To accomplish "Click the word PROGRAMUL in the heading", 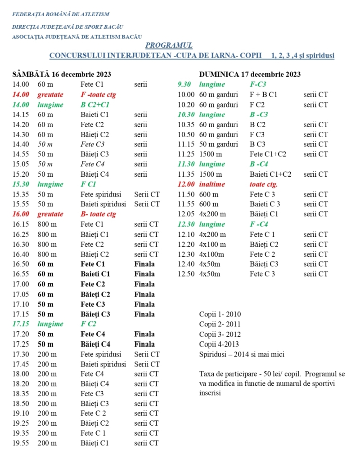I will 169,45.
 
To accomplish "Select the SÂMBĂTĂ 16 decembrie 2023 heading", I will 62,74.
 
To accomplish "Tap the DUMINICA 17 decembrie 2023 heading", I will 250,74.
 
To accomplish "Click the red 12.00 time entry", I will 186,184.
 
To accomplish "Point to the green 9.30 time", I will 185,85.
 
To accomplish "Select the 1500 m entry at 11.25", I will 211,154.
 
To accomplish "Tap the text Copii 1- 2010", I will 220,314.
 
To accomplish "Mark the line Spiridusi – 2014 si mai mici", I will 242,354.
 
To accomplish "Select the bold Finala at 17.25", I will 144,344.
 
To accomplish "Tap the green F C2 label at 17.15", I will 89,324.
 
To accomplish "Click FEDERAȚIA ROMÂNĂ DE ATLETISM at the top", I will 60,14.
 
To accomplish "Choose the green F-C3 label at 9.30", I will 258,85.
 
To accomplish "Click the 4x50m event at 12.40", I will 210,264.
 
